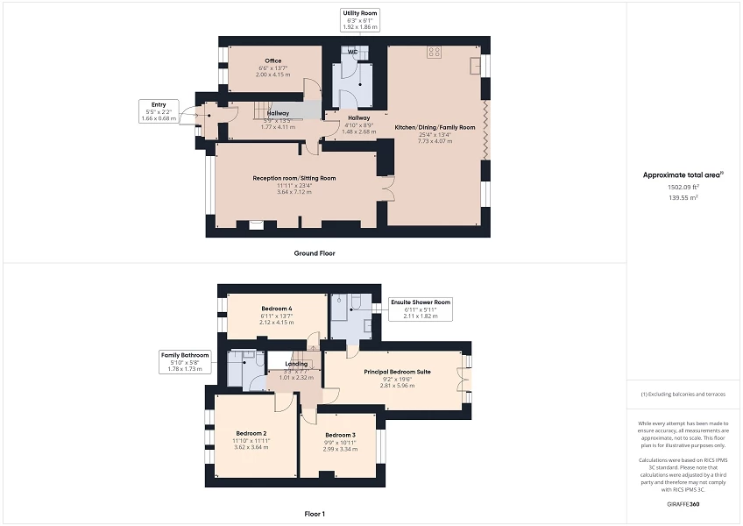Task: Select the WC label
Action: coord(351,52)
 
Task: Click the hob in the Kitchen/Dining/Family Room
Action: coord(434,53)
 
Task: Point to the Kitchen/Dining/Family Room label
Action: coord(435,127)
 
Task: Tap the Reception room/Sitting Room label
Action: coord(294,178)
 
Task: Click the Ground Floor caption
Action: coord(314,253)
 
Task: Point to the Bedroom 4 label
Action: coord(277,309)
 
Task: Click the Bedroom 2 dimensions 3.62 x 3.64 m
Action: coord(250,447)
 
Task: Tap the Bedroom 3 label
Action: coord(340,435)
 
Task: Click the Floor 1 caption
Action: coord(314,513)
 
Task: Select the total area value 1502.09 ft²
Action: coord(683,187)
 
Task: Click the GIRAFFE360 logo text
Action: coord(683,505)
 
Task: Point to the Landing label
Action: coord(296,363)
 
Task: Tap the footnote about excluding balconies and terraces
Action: coord(683,394)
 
